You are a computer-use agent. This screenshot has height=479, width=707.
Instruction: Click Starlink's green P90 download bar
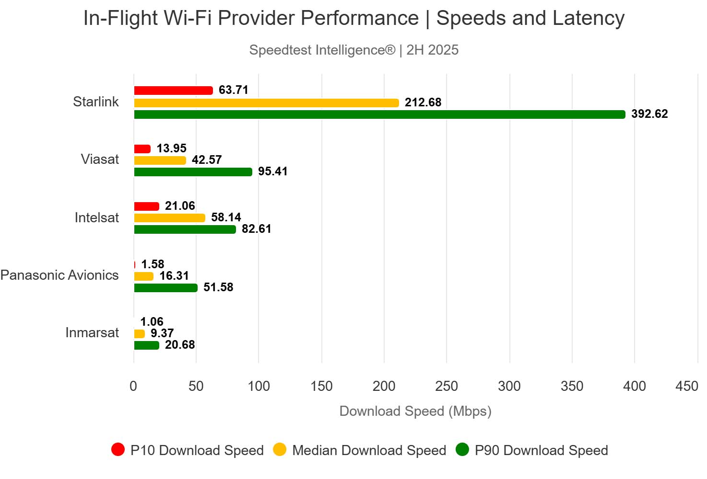379,114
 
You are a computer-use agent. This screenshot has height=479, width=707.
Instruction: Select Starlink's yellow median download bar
266,103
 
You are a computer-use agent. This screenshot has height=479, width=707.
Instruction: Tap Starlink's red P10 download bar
173,91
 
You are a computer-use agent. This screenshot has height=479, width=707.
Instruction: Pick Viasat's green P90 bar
193,172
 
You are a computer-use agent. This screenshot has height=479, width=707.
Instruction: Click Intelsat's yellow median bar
169,218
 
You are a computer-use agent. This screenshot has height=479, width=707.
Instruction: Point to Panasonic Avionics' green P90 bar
165,288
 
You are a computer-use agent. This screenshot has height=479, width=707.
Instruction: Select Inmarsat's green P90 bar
146,345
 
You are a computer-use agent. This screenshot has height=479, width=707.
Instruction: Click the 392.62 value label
649,114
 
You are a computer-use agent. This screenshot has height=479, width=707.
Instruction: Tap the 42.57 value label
207,160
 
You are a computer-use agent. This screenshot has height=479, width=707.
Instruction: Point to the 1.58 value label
153,264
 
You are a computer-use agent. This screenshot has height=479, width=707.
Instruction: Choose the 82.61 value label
257,229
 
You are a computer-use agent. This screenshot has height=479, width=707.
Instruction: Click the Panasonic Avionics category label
59,275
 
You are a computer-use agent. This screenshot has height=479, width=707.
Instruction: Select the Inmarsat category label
92,333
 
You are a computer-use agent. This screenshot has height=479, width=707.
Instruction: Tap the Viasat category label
100,160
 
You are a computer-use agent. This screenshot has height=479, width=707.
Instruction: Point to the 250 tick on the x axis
447,386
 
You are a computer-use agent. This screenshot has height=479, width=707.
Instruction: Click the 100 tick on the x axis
259,386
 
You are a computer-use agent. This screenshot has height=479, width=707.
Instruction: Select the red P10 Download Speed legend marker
118,450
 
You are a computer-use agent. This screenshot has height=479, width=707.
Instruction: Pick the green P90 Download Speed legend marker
462,450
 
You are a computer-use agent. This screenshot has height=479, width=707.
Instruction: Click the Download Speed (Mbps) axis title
415,411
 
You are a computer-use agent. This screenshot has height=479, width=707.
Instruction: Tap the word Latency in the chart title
589,18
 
